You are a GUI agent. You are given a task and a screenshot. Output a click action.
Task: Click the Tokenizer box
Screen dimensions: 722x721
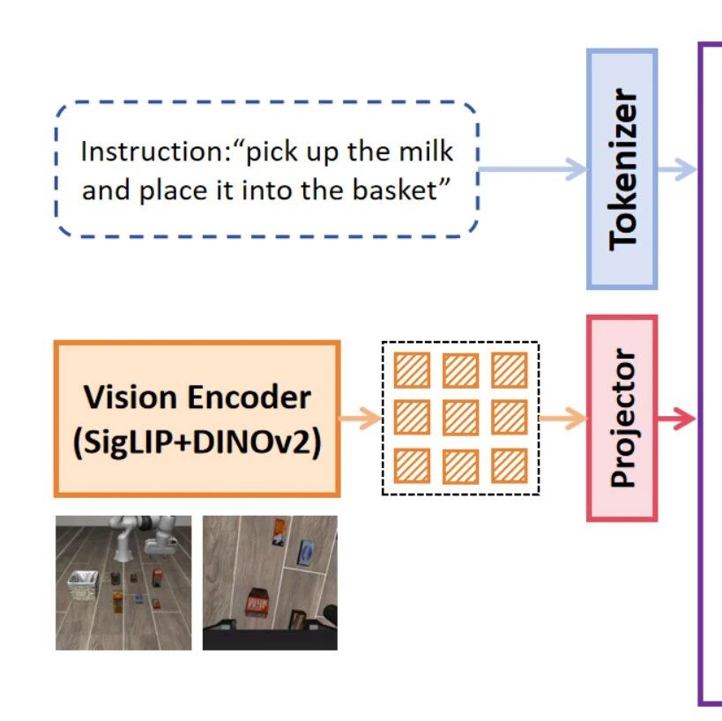(622, 169)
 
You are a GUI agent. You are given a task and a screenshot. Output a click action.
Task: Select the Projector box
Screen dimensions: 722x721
(622, 419)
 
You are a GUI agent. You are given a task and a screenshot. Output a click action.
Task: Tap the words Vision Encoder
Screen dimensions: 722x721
(197, 397)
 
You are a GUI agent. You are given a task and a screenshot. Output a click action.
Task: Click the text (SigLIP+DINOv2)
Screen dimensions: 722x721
(197, 442)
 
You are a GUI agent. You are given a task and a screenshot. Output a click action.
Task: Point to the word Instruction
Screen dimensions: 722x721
(156, 152)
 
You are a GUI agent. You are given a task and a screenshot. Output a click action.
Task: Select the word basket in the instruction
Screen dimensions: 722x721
(395, 190)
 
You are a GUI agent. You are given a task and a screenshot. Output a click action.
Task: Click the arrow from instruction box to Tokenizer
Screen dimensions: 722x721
(532, 169)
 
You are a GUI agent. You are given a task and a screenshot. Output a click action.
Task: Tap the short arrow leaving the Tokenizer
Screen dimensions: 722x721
(677, 169)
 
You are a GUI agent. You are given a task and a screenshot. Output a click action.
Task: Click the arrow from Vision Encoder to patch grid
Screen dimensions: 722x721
(361, 419)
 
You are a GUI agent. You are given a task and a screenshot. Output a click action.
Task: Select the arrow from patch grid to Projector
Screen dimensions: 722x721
(563, 419)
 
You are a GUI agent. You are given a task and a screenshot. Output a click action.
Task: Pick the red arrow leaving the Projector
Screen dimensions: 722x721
(676, 419)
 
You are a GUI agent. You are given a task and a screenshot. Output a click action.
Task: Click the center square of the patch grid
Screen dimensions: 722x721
(460, 418)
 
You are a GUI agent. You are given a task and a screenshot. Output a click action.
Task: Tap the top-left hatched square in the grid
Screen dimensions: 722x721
(412, 370)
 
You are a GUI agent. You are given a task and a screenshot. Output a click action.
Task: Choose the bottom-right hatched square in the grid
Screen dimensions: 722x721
(510, 466)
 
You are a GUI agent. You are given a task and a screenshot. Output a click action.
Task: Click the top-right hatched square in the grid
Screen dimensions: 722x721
(510, 370)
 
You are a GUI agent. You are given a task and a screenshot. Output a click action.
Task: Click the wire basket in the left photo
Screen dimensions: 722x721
(84, 585)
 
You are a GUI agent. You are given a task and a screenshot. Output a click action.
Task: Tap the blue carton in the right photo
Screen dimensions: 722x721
(307, 551)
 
